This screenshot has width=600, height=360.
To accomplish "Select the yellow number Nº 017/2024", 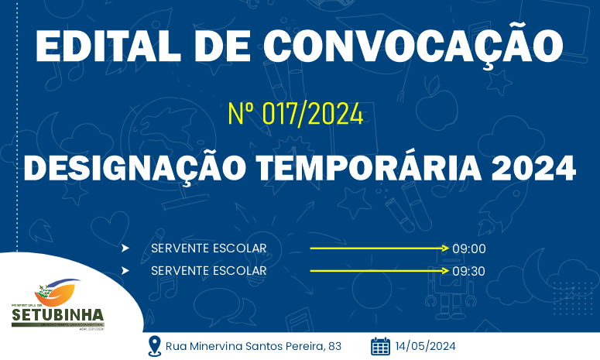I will point(296,115).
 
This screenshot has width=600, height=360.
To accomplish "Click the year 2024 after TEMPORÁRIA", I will point(535,168).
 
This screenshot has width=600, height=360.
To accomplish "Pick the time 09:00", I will point(468,249).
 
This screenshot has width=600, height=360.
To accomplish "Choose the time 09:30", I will point(468,271).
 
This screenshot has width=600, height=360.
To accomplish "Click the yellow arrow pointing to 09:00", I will point(379,248).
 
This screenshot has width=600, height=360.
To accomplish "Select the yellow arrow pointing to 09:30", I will point(379,271).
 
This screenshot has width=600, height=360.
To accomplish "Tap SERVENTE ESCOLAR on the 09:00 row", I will point(209,248).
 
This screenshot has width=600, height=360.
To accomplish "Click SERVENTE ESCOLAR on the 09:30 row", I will point(209,270).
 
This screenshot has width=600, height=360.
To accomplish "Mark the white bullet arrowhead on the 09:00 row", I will point(125,248).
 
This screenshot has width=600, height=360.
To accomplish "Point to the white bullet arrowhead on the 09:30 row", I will point(125,271).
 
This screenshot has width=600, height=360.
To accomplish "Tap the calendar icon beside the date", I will point(380,346).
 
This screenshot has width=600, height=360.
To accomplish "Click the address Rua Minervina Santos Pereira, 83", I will point(254,346).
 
